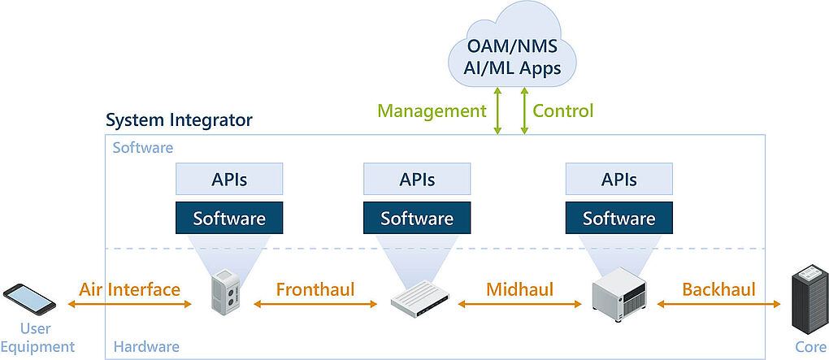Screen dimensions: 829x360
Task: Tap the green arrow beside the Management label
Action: (497, 111)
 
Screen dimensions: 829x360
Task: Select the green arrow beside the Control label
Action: (524, 111)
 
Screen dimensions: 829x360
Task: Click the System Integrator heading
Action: (180, 120)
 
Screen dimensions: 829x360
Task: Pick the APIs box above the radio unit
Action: (229, 179)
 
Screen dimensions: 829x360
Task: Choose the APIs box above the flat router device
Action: (417, 179)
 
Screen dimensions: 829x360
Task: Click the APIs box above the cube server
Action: (619, 179)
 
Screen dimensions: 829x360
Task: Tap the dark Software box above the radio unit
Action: (229, 218)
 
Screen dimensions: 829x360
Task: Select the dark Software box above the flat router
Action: (417, 218)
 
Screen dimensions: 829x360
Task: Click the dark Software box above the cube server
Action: (619, 218)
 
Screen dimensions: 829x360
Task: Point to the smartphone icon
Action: (29, 299)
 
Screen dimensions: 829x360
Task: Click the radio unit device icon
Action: (225, 292)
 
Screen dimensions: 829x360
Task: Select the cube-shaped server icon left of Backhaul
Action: (619, 294)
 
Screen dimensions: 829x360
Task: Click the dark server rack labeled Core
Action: (809, 299)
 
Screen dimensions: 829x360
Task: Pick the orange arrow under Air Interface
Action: (129, 304)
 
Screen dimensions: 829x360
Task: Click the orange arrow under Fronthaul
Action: (315, 304)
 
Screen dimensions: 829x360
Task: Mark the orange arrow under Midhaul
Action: (519, 304)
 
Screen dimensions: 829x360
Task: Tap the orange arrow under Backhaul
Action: (719, 304)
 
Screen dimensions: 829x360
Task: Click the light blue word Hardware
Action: (146, 347)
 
